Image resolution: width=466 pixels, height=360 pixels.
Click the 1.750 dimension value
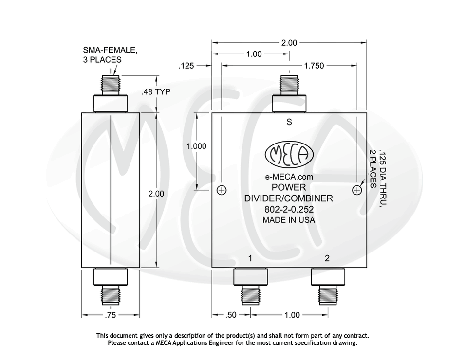315,65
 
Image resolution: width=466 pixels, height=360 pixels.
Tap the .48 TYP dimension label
156,91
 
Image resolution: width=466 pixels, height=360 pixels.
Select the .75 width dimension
111,315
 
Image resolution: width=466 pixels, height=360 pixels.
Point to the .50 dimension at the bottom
231,315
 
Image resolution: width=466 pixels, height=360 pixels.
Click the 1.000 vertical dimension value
197,146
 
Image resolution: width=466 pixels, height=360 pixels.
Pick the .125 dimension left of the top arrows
187,65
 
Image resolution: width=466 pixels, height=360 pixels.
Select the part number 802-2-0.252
289,209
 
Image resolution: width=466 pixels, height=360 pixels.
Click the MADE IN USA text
289,220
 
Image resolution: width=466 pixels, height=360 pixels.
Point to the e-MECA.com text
289,177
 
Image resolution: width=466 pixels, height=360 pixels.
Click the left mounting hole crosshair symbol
222,190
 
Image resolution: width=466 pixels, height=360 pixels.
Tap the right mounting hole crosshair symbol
357,190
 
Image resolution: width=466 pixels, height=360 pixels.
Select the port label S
289,122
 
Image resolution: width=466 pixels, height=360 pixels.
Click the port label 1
250,258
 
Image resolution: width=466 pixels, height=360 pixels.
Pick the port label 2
327,258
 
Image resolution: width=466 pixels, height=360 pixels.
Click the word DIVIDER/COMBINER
289,198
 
